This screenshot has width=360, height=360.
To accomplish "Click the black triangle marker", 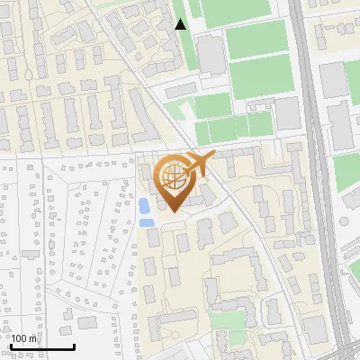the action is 181,24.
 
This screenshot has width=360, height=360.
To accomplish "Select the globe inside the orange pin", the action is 171,177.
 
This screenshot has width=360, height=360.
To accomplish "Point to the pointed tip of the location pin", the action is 172,211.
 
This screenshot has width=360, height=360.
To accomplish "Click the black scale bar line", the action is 41,346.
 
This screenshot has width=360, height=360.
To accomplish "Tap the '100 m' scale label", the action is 24,338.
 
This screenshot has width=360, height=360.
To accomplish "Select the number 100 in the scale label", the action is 20,338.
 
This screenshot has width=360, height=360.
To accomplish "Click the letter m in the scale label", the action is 33,338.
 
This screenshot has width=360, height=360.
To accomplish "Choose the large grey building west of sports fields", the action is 211,56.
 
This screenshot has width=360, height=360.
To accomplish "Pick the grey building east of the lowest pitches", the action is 287,113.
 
